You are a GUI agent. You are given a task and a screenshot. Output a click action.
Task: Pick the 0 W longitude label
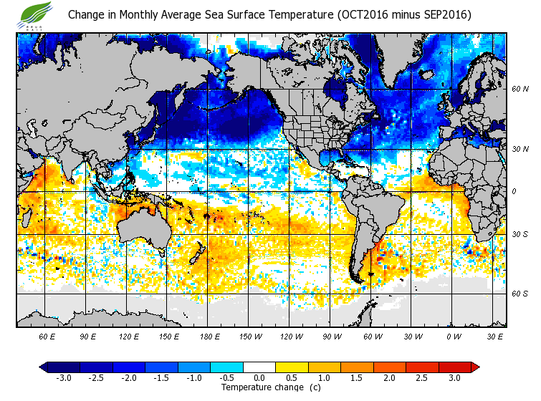(454, 336)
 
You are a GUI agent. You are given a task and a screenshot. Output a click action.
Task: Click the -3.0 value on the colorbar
(63, 377)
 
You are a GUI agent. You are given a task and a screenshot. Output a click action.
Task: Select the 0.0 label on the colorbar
(259, 377)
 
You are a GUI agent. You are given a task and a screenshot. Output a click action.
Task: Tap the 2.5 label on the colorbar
(422, 377)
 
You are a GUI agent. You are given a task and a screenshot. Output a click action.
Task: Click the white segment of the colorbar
(259, 367)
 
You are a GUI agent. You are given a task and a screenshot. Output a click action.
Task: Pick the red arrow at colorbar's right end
(475, 367)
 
